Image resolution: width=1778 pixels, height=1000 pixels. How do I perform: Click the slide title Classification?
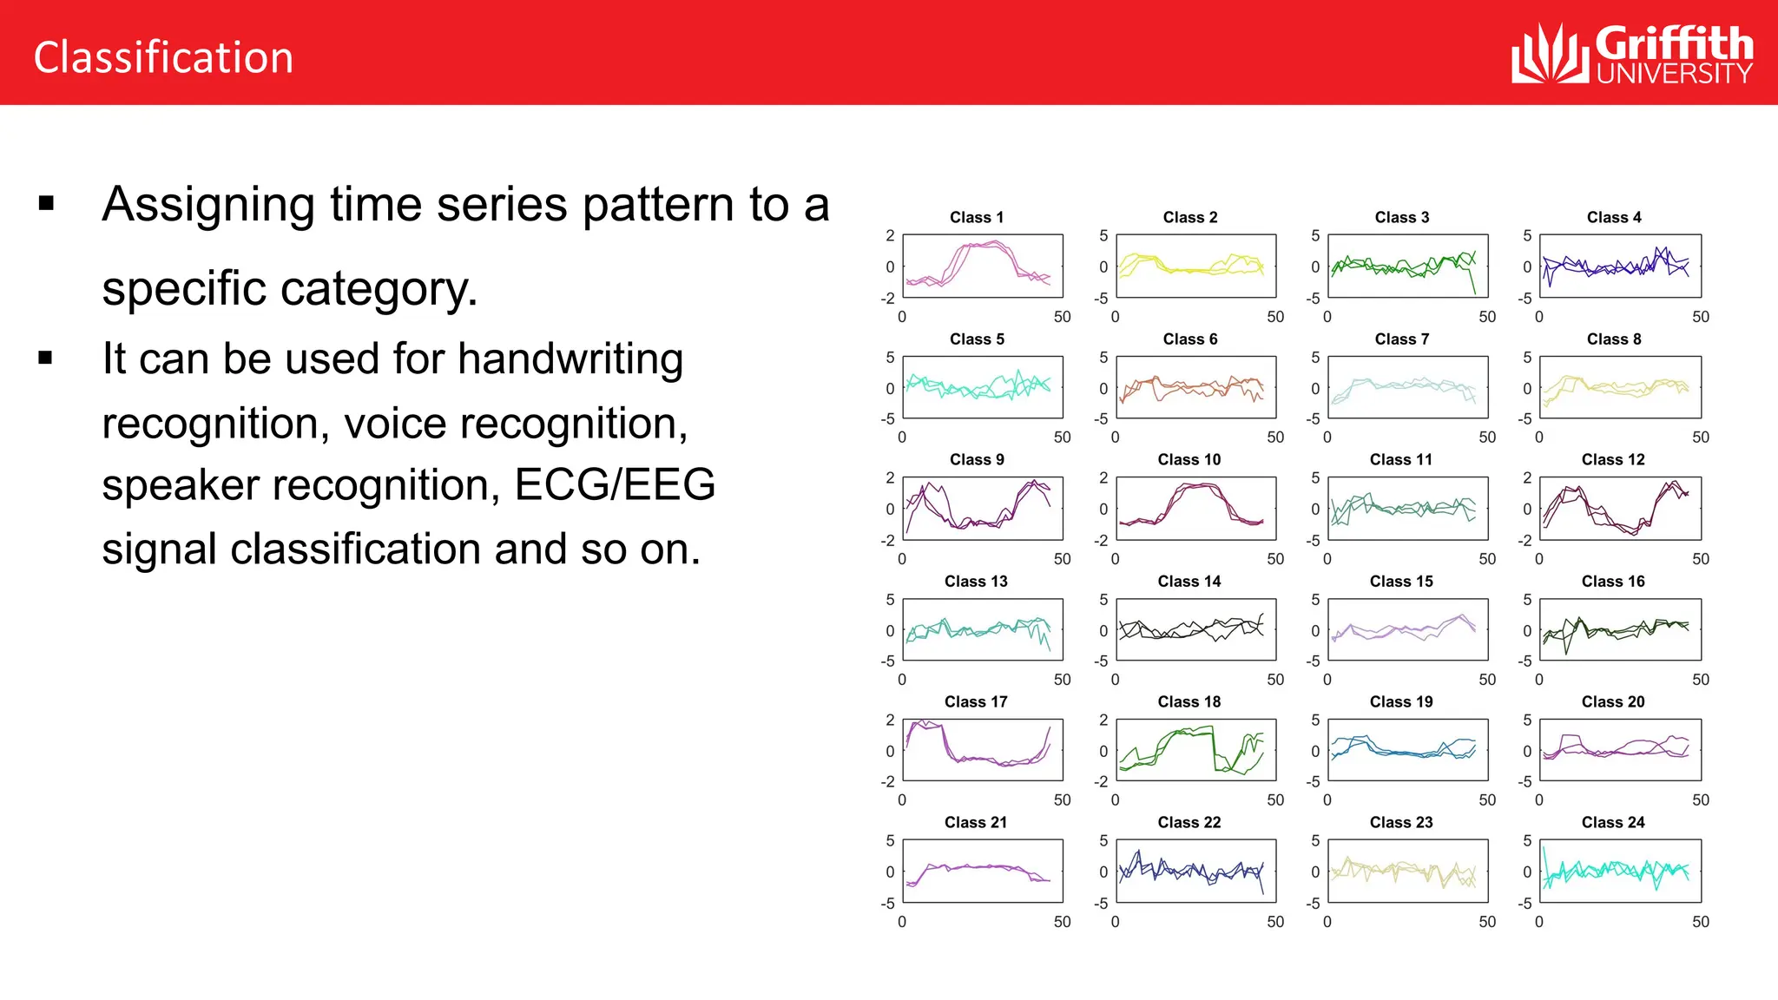pos(163,57)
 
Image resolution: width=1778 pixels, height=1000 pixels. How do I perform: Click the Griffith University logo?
pos(1631,54)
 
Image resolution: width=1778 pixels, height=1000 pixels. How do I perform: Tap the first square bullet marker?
pos(47,204)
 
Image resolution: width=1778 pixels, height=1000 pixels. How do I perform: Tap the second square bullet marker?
pos(46,357)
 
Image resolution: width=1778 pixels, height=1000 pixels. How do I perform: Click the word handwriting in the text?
pos(570,359)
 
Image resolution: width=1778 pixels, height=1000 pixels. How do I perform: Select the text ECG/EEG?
pos(615,484)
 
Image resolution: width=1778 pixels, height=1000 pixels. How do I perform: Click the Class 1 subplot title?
pos(977,217)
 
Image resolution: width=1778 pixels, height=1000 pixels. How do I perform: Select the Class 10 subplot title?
pos(1189,459)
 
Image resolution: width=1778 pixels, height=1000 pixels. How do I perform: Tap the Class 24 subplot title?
pos(1613,822)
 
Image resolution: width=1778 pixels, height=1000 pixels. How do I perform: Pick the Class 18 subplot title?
pos(1189,701)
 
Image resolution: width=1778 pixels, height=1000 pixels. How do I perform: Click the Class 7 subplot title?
pos(1401,339)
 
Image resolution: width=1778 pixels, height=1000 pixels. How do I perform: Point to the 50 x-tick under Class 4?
pos(1700,317)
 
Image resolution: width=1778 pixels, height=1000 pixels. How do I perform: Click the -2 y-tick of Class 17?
pos(888,782)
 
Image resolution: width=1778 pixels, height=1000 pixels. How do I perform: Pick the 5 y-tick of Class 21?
pos(890,840)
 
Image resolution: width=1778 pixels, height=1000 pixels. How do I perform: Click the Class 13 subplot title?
pos(976,581)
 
